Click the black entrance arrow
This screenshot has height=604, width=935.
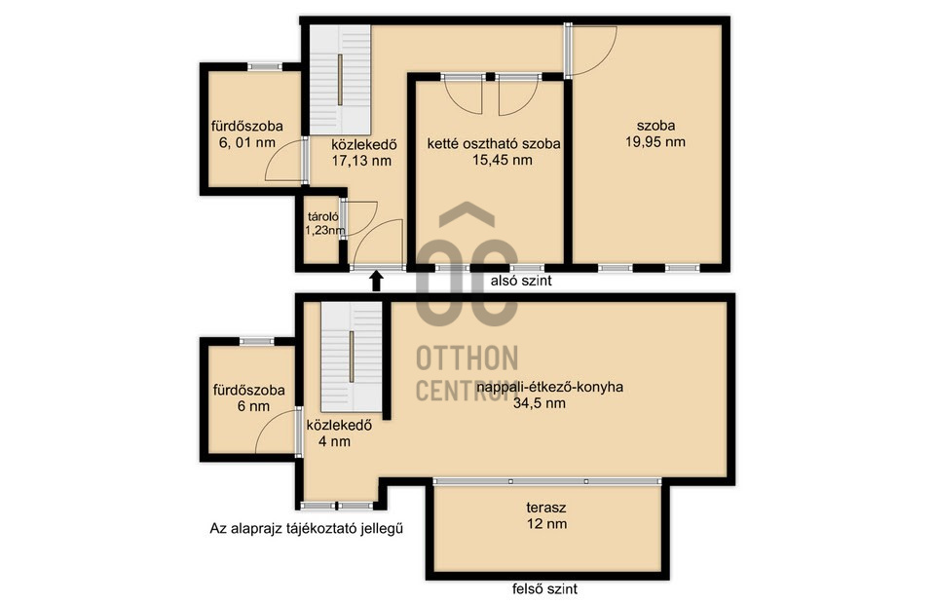click(x=376, y=282)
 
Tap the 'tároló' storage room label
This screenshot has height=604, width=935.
click(x=323, y=217)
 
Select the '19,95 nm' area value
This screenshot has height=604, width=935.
click(x=655, y=142)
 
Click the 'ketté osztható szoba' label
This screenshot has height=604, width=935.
click(x=494, y=144)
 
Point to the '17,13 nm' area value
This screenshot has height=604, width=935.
click(x=361, y=161)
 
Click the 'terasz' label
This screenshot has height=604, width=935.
click(x=546, y=508)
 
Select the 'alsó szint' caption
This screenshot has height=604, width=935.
click(x=521, y=281)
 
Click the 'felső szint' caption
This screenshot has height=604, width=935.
click(x=545, y=589)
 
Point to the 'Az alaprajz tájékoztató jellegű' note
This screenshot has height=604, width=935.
click(x=307, y=528)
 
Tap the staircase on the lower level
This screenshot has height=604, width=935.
click(x=340, y=80)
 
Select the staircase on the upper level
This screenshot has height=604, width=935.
click(x=352, y=357)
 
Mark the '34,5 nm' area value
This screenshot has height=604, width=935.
click(x=539, y=403)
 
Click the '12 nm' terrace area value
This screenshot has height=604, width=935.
click(x=546, y=524)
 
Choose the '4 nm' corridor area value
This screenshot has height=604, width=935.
click(x=334, y=442)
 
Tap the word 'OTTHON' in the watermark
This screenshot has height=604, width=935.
click(x=467, y=359)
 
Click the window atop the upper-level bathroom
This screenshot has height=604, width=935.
click(x=257, y=341)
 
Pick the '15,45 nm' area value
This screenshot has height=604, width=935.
click(x=503, y=160)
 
